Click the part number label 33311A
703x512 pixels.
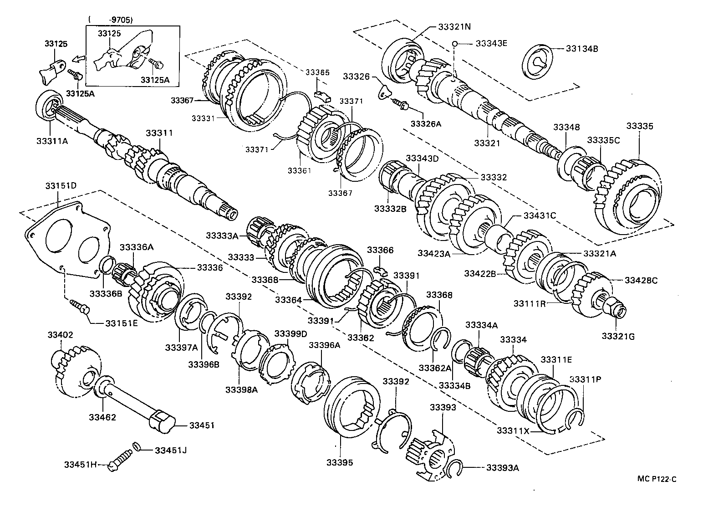point(51,141)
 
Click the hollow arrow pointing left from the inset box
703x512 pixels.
point(78,59)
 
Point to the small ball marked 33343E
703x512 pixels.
point(455,44)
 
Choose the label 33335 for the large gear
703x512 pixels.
point(639,126)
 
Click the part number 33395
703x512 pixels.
point(339,463)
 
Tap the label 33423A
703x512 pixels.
point(434,253)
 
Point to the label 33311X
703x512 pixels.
point(513,430)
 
